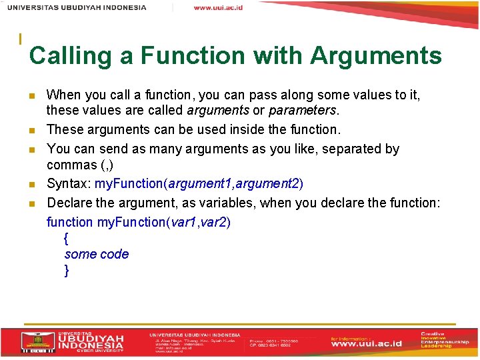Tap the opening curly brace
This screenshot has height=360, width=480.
pyautogui.click(x=66, y=238)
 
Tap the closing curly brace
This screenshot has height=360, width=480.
pyautogui.click(x=66, y=271)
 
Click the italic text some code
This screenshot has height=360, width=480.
pyautogui.click(x=97, y=254)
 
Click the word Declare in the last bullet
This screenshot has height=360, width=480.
pyautogui.click(x=71, y=203)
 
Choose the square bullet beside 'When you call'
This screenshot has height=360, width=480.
pyautogui.click(x=31, y=96)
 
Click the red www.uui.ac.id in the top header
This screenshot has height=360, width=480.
pyautogui.click(x=217, y=8)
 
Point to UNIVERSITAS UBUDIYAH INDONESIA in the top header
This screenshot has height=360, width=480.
pyautogui.click(x=77, y=8)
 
